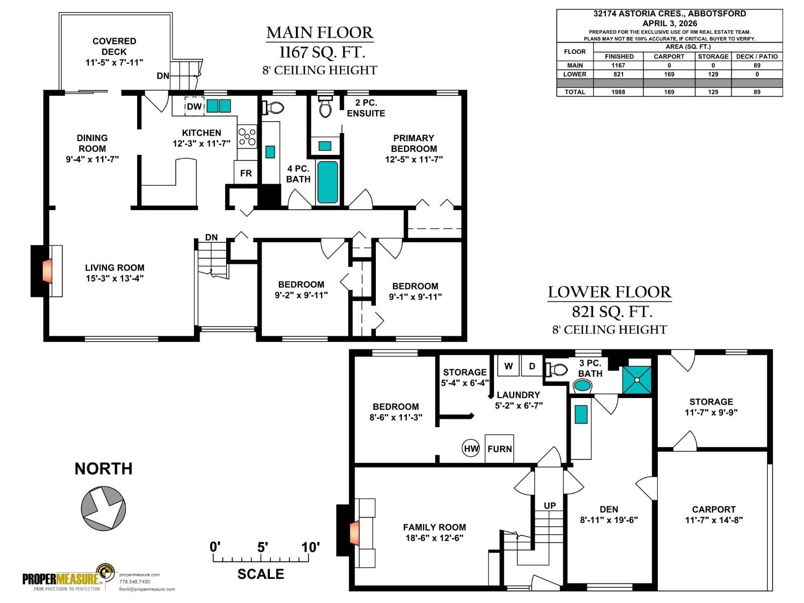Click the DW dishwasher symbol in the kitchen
point(194,106)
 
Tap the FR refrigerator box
point(245,172)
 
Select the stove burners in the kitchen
point(247,137)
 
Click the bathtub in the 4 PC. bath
point(328,182)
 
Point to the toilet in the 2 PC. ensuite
point(325,106)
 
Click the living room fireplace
point(47,271)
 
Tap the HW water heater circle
point(471,449)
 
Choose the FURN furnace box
point(499,449)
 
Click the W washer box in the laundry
point(508,366)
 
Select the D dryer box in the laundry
point(532,366)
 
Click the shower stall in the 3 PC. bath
point(637,380)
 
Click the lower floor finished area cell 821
point(618,74)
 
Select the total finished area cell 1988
point(618,92)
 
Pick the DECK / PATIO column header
point(757,56)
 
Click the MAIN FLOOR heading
point(320,33)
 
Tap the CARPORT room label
point(714,509)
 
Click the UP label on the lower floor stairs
point(550,506)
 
